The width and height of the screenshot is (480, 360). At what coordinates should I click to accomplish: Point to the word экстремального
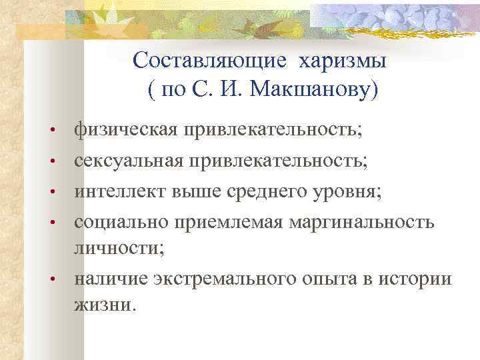coord(210,279)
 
